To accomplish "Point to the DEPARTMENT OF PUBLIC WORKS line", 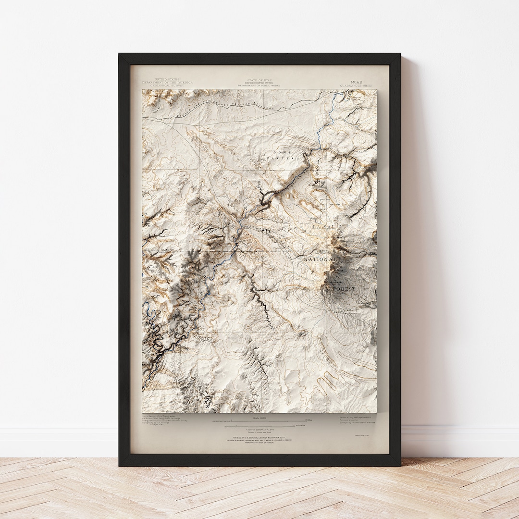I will pyautogui.click(x=259, y=86).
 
